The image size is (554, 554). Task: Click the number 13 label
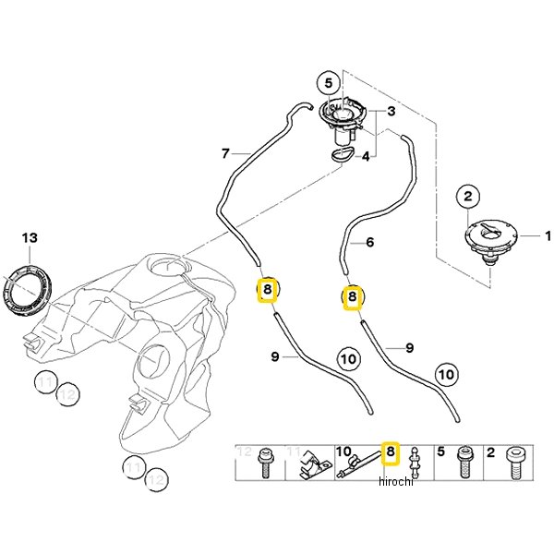(30, 239)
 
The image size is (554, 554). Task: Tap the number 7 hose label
(224, 152)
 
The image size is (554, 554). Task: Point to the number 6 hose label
(369, 243)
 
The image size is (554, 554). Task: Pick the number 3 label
(391, 112)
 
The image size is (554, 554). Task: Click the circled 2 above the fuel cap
(468, 196)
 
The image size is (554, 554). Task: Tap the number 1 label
(545, 236)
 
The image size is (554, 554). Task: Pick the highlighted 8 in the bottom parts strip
(390, 452)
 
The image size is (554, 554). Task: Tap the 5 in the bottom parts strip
(440, 452)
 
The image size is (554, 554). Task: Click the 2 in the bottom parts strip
(491, 452)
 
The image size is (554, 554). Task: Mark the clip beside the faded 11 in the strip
(316, 464)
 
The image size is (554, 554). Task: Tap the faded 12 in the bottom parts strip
(245, 452)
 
